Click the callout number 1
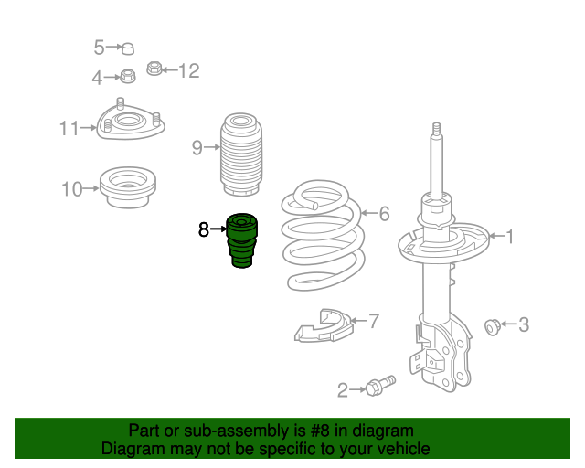pos(510,238)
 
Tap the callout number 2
pos(343,391)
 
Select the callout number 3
pos(524,324)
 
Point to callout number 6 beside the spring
pos(384,214)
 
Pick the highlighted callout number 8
pos(204,229)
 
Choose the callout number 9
pos(197,147)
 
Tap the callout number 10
pos(72,189)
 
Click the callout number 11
pos(70,129)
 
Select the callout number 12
pos(187,70)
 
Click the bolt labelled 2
pos(378,387)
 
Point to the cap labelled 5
pos(129,48)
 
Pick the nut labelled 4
pos(128,77)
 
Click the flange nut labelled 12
pos(154,69)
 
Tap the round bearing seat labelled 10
pos(127,187)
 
